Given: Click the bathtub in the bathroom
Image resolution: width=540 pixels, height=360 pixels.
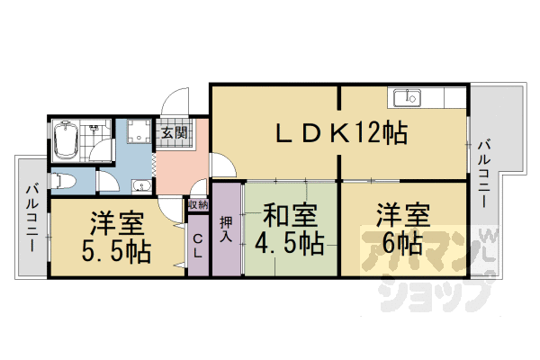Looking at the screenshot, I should click(67, 139).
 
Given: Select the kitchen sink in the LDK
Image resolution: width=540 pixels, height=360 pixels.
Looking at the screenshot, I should click(409, 96).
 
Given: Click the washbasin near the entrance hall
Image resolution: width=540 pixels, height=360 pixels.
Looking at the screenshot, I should click(139, 186).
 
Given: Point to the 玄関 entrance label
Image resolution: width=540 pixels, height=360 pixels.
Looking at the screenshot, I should click(173, 134).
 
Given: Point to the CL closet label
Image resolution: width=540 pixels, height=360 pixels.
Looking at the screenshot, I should click(198, 245).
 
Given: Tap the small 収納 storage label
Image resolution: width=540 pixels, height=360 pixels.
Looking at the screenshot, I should click(198, 205).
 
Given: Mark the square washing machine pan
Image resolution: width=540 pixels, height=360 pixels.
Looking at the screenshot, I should click(139, 135).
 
